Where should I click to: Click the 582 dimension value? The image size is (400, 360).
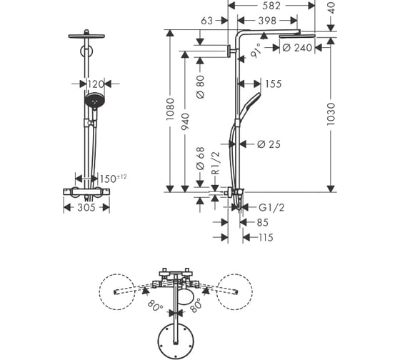[x=271, y=6]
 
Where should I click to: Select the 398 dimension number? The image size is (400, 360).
[x=267, y=21]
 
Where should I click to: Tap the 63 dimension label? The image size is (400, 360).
[x=206, y=21]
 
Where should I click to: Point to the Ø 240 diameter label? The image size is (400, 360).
[x=297, y=48]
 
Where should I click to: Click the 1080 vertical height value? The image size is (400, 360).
[x=170, y=109]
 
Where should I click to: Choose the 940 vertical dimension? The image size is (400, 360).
[x=185, y=121]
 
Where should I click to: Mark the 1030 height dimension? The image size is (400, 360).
[x=331, y=114]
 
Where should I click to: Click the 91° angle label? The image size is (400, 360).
[x=256, y=51]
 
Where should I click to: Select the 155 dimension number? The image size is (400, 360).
[x=273, y=84]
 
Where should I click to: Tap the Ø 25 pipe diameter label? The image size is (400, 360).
[x=269, y=144]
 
